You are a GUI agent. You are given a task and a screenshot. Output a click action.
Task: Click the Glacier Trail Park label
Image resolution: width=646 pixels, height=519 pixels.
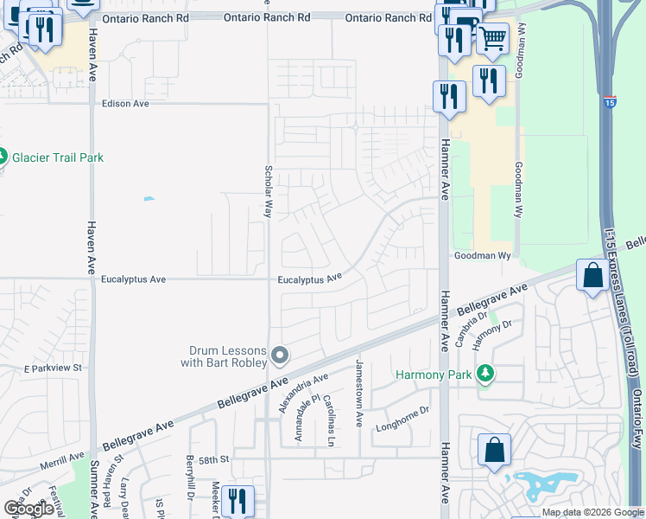58,157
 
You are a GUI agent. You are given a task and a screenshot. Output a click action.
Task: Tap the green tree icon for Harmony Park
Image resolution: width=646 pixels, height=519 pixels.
487,373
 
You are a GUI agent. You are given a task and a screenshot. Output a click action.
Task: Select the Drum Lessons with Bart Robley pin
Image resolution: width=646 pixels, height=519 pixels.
280,355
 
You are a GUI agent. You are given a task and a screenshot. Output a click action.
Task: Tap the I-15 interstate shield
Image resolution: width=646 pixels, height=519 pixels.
610,102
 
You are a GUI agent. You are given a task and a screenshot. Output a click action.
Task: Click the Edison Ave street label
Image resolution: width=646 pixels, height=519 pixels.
125,104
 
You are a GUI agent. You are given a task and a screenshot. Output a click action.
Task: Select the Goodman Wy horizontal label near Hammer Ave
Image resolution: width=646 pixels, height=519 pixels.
483,256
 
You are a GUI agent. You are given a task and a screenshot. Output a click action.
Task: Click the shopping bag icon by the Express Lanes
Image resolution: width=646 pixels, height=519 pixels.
593,276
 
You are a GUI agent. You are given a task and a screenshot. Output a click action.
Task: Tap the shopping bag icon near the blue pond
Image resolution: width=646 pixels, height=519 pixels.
494,450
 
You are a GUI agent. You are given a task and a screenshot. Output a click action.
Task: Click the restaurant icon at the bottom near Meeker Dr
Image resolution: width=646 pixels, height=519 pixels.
237,501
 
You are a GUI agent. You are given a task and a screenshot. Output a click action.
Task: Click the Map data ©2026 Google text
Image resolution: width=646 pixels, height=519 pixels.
592,513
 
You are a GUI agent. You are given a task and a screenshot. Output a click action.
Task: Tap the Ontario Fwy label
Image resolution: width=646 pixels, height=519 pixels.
637,424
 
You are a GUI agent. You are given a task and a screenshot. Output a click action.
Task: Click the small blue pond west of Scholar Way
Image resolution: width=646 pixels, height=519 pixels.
149,200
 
